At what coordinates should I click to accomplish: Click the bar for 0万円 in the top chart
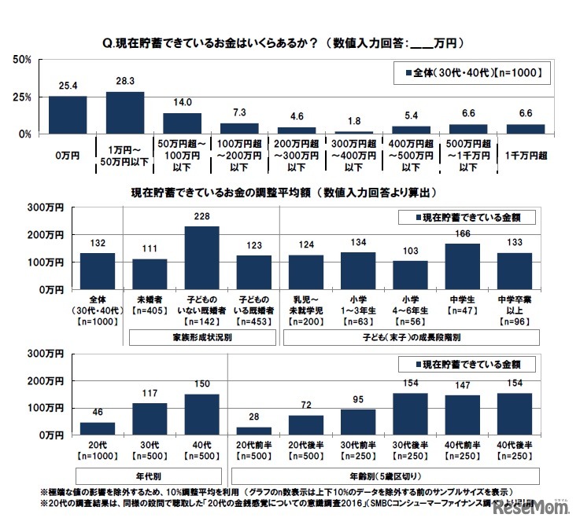click(x=68, y=116)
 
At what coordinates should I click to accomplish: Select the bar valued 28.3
click(x=125, y=113)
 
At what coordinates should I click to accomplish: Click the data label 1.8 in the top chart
click(x=355, y=120)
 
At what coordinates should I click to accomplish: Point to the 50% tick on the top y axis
click(x=21, y=60)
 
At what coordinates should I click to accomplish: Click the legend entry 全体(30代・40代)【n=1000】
click(x=471, y=73)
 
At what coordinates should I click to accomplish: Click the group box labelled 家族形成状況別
click(x=201, y=336)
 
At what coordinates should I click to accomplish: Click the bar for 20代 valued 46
click(x=98, y=428)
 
